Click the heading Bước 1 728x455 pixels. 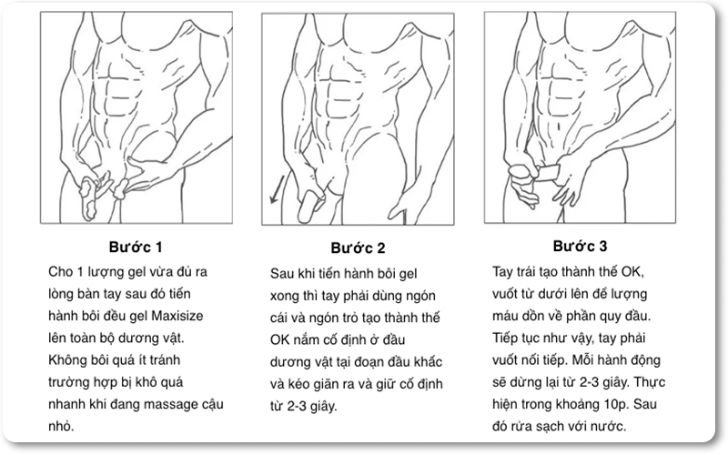click(x=136, y=247)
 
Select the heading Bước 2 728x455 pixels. click(x=358, y=248)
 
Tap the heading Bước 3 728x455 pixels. click(x=580, y=246)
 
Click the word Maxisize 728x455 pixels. click(x=177, y=316)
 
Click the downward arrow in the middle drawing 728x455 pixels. click(x=278, y=188)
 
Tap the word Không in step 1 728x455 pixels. click(x=65, y=360)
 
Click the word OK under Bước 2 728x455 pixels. click(x=279, y=339)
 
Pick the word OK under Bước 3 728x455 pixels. click(x=632, y=271)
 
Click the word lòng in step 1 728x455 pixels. click(x=60, y=294)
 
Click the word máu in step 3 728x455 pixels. click(x=505, y=316)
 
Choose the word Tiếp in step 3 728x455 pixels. click(x=506, y=339)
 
